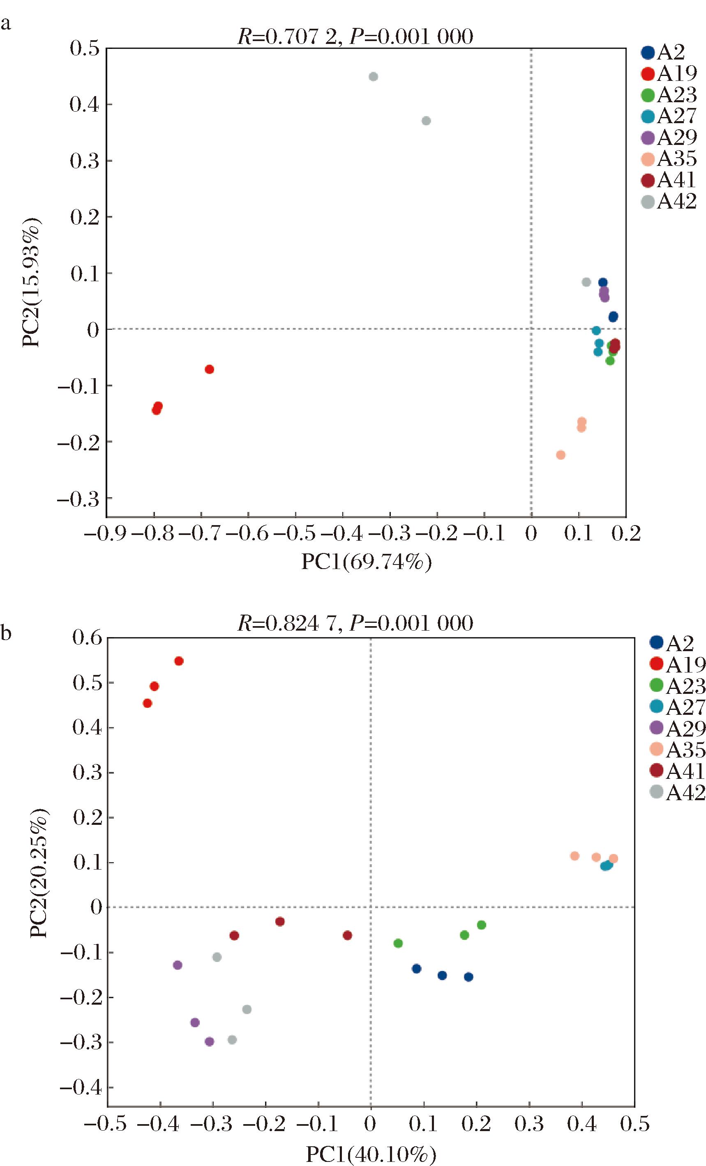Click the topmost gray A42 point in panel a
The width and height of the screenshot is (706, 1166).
tap(373, 77)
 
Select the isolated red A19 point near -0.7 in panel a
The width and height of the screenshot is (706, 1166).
tap(209, 369)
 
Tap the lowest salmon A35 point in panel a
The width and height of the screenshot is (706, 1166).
tap(561, 455)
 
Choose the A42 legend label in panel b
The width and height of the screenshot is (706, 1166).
tap(685, 793)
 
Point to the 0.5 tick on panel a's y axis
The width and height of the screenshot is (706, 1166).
tap(85, 48)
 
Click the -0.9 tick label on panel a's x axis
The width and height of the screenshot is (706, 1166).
tap(105, 534)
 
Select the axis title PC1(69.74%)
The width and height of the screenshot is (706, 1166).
tap(367, 562)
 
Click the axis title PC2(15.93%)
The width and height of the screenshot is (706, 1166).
tap(32, 282)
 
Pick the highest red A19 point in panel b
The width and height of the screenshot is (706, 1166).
tap(179, 661)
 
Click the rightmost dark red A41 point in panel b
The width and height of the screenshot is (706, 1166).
tap(348, 936)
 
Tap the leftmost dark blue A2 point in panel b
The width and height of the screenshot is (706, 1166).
tap(417, 969)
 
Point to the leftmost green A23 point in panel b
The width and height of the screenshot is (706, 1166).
tap(398, 943)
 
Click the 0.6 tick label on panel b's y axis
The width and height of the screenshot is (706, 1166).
tap(88, 638)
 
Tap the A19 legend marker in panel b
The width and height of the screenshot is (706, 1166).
tap(656, 664)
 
